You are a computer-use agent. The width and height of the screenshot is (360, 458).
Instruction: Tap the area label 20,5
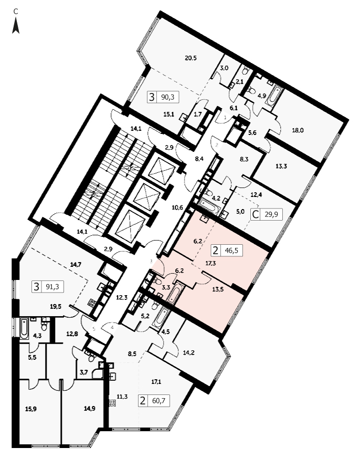(x=191, y=58)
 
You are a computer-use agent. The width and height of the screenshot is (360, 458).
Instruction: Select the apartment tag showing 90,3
(x=163, y=97)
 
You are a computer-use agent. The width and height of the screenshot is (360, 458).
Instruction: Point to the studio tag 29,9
(x=267, y=215)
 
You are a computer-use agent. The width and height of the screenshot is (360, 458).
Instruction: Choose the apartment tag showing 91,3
(x=48, y=287)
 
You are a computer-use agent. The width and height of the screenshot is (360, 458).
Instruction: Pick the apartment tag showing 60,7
(x=154, y=400)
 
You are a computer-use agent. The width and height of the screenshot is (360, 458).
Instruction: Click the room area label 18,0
(x=298, y=131)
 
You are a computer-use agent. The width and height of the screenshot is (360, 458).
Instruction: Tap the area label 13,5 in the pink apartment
(x=218, y=290)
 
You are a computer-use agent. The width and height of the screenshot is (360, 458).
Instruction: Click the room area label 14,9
(x=89, y=409)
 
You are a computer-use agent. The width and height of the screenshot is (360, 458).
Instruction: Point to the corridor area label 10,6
(x=177, y=207)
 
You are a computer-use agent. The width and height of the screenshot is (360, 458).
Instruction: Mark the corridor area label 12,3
(x=122, y=298)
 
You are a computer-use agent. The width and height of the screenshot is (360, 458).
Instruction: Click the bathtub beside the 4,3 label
(x=24, y=329)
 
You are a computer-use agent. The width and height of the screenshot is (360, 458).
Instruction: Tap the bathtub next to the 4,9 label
(x=276, y=95)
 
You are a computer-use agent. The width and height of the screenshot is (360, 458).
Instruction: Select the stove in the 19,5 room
(x=91, y=303)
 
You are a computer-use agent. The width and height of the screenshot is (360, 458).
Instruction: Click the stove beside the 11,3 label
(x=112, y=403)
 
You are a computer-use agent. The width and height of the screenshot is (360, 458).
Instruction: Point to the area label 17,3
(x=210, y=263)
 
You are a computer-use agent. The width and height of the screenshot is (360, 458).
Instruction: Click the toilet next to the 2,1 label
(x=246, y=71)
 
